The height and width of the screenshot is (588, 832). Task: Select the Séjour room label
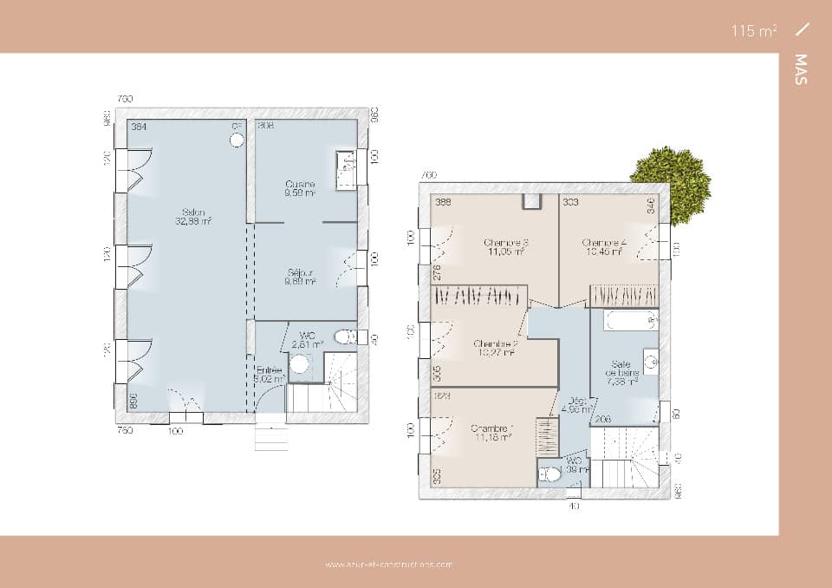click(301, 277)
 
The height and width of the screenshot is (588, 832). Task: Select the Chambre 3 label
click(507, 247)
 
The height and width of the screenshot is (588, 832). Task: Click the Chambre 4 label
click(603, 247)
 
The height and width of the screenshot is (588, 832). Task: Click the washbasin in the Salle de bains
click(649, 359)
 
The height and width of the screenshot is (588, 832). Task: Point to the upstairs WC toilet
click(549, 474)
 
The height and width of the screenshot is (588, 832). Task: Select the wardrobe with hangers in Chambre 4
click(624, 296)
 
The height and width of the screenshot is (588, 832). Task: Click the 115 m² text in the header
click(753, 30)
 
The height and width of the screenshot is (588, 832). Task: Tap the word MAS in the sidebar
click(800, 69)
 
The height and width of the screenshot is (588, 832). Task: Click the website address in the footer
click(389, 565)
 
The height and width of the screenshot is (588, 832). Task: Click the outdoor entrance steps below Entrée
click(270, 434)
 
